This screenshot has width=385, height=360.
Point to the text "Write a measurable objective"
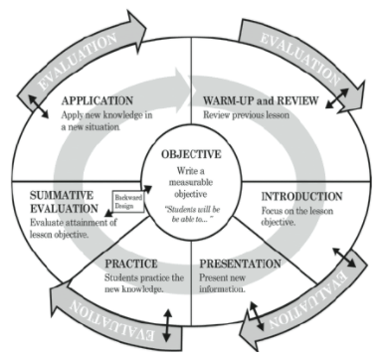[x=192, y=183]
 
